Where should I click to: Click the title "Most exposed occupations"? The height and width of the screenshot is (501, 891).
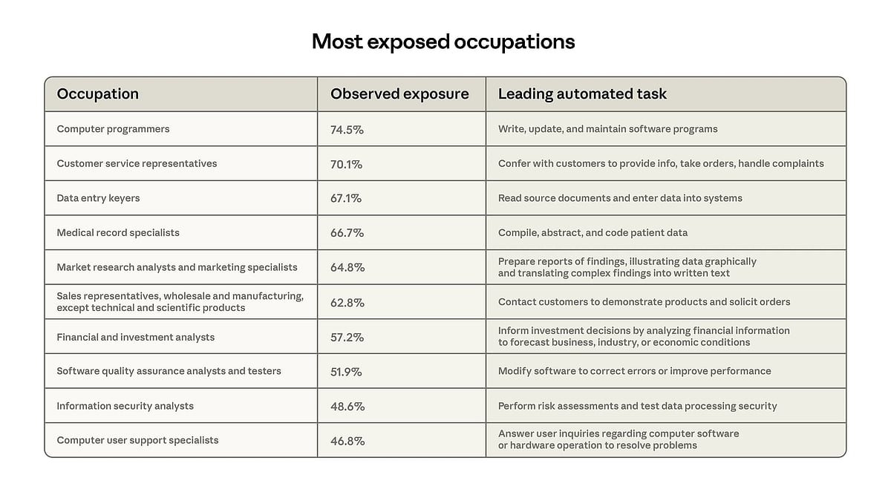[x=443, y=42]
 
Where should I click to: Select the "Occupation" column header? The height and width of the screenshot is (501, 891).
[x=98, y=94]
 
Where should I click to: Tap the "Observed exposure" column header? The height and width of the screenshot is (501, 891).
[x=399, y=94]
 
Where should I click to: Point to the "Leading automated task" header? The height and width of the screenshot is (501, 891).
[x=582, y=94]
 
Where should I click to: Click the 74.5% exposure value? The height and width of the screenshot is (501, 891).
[x=347, y=129]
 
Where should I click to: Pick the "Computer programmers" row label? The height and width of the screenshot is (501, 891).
[x=113, y=129]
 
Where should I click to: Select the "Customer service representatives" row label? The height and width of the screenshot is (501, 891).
[x=137, y=163]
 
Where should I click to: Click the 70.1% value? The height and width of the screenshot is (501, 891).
[x=346, y=164]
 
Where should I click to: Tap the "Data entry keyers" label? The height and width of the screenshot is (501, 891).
[x=98, y=198]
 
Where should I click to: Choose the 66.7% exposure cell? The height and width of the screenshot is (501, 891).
[x=347, y=233]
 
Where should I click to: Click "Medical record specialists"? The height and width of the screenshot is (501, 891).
[x=118, y=232]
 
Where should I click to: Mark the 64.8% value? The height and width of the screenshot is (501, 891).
[x=347, y=267]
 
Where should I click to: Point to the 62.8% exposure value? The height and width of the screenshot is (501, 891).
[x=347, y=302]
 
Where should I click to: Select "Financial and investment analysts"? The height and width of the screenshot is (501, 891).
[x=135, y=337]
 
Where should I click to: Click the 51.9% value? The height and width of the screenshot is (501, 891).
[x=346, y=371]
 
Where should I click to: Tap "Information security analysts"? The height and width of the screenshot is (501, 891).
[x=125, y=406]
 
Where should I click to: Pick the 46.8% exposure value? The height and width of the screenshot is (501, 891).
[x=347, y=441]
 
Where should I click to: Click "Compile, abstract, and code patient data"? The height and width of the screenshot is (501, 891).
[x=593, y=232]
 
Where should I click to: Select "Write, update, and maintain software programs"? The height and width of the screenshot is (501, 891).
[x=607, y=129]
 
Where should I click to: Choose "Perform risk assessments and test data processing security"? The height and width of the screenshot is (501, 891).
[x=637, y=406]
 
